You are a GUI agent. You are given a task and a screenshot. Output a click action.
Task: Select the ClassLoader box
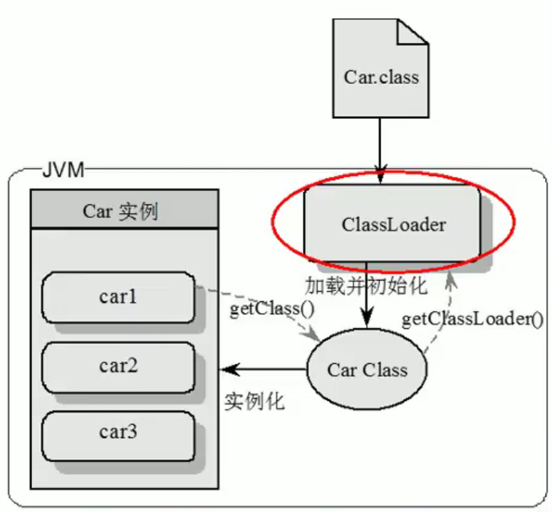tap(392, 225)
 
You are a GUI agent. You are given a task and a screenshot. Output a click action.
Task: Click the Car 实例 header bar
tap(124, 211)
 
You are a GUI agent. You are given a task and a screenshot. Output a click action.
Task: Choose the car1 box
tap(118, 296)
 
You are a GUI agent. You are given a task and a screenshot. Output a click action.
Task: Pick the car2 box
tap(118, 366)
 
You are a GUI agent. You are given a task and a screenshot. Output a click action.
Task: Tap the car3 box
tap(118, 432)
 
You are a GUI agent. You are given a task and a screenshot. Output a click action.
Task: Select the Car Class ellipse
tap(367, 370)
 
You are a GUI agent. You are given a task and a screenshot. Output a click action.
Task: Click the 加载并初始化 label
tap(365, 286)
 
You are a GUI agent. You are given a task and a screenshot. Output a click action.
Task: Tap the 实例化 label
tap(254, 400)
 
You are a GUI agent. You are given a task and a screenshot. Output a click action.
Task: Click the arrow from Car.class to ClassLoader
tap(380, 142)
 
